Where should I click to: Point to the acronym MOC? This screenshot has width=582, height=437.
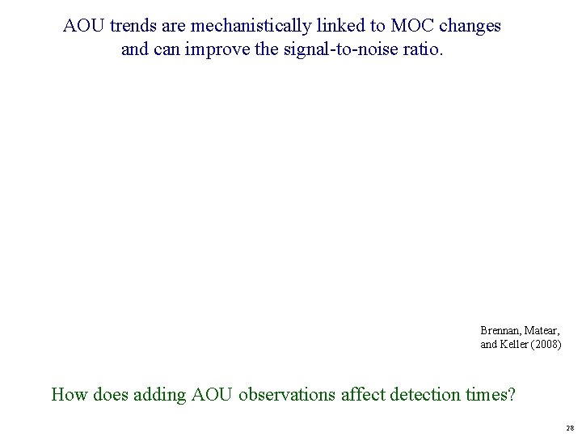(414, 26)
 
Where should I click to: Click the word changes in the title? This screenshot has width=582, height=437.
(470, 26)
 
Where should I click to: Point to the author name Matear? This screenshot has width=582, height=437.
(543, 331)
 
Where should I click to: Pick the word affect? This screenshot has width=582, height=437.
(363, 395)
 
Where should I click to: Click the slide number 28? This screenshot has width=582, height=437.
(570, 427)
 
